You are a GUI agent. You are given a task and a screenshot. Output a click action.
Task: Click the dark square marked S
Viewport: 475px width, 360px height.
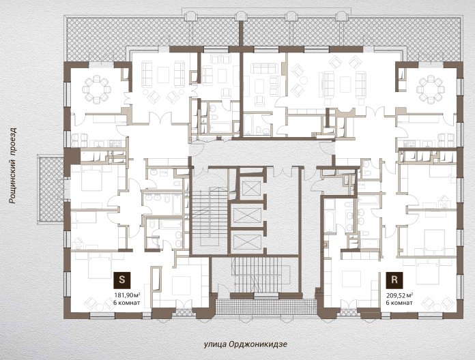pos(121,280)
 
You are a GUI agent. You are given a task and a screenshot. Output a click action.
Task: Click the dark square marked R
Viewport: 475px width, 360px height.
pos(394,280)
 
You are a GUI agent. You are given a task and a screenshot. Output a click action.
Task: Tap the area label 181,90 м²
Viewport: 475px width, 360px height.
pos(127,295)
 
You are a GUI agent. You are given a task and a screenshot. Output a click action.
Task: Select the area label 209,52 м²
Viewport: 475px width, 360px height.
pos(399,295)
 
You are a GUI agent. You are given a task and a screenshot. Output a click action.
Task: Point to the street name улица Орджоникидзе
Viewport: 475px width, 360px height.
pos(246,344)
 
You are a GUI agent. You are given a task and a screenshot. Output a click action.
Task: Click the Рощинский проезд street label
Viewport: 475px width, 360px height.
pos(13,166)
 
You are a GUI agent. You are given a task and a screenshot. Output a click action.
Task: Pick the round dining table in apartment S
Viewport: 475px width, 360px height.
pos(96,89)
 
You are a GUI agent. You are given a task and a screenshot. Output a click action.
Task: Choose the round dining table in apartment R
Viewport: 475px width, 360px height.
pos(430,89)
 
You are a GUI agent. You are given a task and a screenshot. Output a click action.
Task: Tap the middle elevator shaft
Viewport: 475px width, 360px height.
pos(248,215)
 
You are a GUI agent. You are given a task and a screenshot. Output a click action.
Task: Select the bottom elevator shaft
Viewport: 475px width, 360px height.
pos(248,242)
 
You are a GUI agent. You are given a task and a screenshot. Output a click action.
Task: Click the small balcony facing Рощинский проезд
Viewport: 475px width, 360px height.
pos(51,189)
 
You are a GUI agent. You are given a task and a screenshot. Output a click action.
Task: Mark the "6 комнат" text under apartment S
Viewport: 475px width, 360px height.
pos(127,303)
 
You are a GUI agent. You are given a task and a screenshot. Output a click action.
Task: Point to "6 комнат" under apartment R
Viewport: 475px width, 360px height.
pos(399,303)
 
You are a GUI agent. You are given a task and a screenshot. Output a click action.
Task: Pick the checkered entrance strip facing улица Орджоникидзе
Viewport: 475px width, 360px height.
pos(266,307)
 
